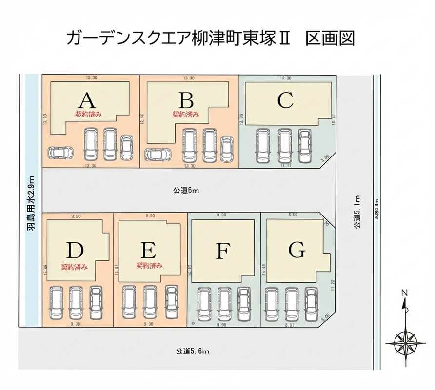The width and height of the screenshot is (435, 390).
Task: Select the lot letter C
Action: point(285,100)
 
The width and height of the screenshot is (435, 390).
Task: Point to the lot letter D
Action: point(75,251)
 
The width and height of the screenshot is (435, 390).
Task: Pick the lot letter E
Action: point(149,251)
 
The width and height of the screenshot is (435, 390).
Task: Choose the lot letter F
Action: point(222,252)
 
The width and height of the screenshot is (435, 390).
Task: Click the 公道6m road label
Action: point(186,190)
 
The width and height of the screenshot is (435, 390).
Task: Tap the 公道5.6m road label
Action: point(193,351)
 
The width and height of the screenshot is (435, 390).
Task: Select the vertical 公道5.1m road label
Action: point(357,212)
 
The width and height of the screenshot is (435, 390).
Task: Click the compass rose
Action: point(404,339)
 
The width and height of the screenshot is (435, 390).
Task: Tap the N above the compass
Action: point(403,293)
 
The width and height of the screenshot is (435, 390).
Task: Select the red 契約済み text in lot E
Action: point(149,266)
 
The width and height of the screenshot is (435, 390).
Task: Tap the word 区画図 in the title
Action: point(330,38)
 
